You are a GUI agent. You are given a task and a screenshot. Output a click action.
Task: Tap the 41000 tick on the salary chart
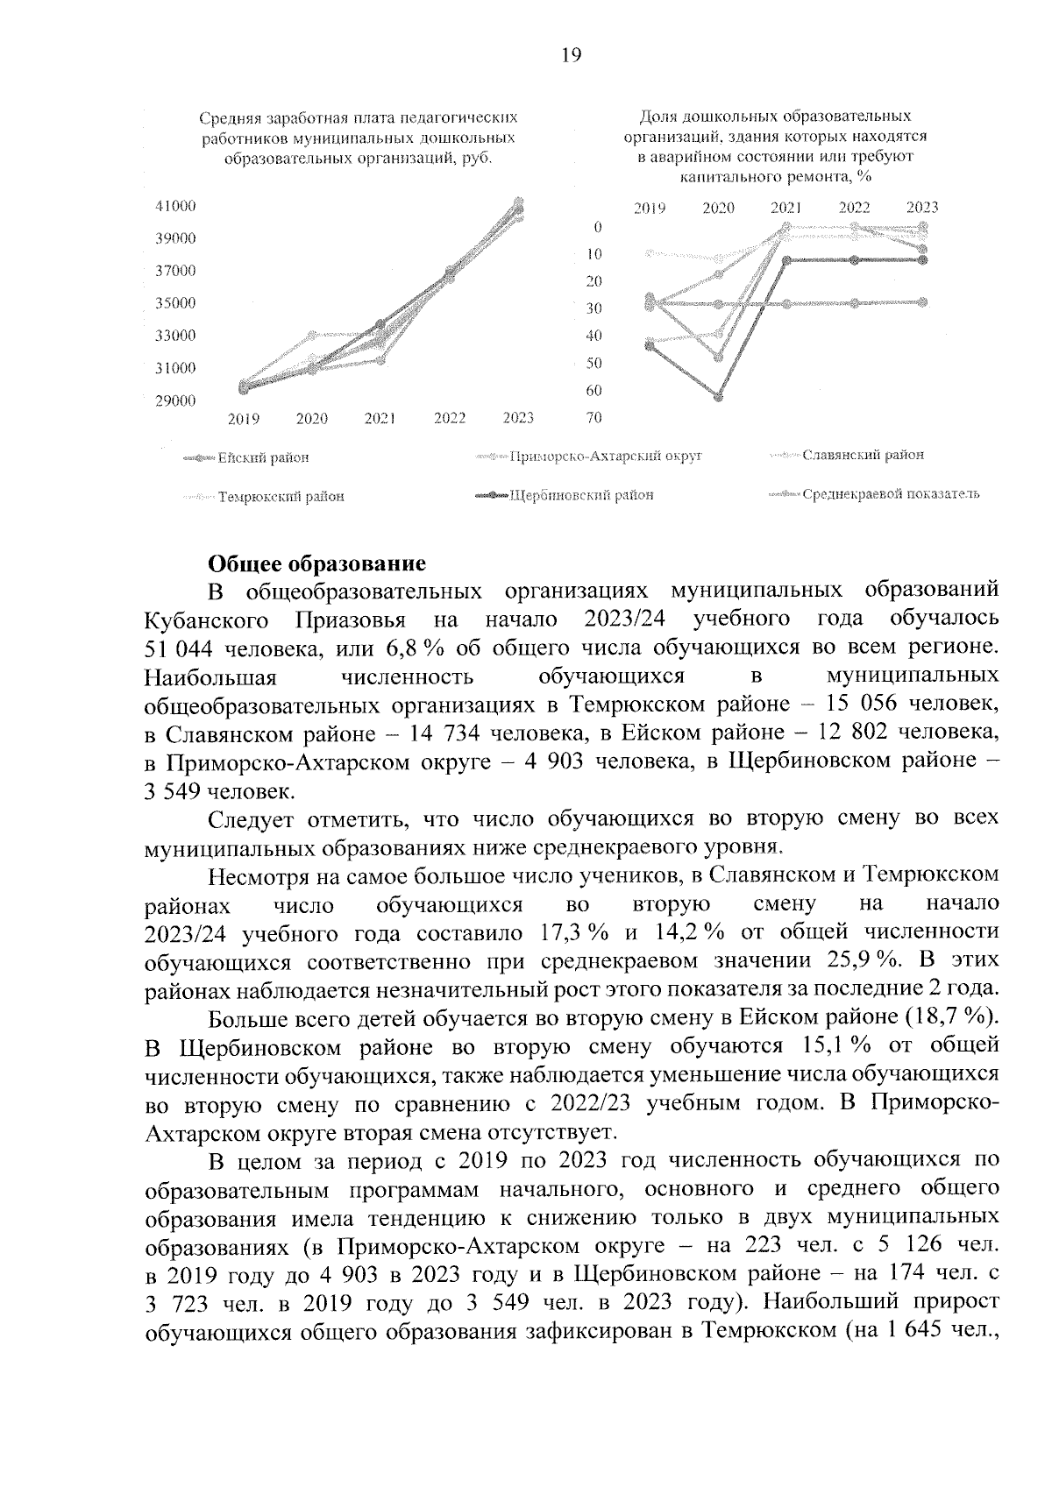click(175, 206)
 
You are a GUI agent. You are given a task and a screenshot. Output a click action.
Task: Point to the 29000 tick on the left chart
click(175, 400)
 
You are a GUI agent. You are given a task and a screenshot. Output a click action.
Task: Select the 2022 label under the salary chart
click(449, 418)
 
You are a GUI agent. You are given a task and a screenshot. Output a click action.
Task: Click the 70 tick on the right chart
click(594, 418)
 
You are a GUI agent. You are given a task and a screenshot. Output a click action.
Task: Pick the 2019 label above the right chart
click(650, 209)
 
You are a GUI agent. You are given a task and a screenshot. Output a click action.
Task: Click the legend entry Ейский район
click(263, 457)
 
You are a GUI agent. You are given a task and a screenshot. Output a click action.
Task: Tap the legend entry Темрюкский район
click(281, 497)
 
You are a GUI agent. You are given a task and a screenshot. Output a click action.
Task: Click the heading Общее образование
click(316, 562)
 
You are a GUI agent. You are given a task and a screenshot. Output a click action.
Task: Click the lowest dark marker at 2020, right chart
click(719, 397)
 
